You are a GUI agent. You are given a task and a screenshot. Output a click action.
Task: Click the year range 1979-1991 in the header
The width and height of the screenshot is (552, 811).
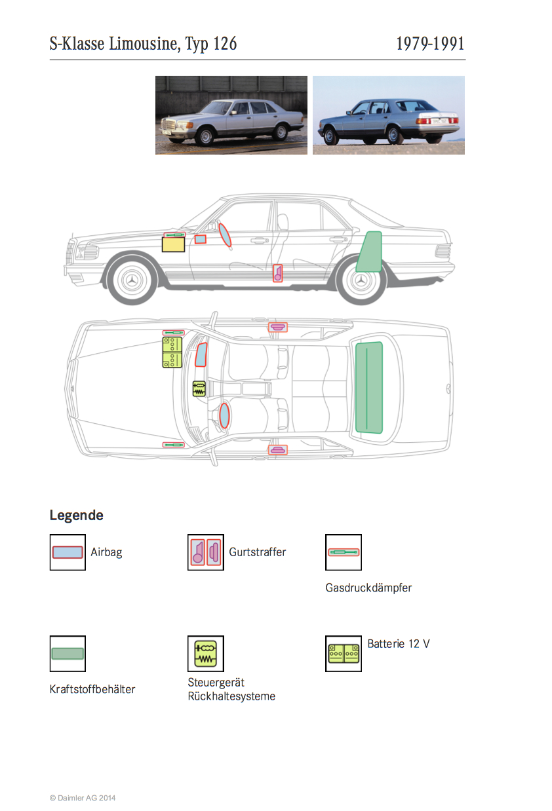coord(430,44)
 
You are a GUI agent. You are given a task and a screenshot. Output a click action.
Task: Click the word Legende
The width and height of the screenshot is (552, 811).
coord(77,515)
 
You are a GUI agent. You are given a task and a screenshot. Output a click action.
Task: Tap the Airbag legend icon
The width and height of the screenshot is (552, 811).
coord(68,552)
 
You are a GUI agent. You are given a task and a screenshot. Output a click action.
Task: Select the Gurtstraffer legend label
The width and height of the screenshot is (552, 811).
coord(258,552)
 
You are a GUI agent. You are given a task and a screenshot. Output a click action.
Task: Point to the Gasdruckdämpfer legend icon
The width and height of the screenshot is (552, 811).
coord(344,552)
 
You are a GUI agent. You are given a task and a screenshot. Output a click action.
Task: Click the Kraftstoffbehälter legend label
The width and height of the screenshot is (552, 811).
coord(92,689)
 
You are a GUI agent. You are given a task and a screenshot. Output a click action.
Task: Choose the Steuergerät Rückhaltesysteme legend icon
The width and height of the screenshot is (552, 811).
coord(205,654)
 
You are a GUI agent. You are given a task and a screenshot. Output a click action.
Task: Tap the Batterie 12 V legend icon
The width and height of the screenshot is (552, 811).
coord(344,654)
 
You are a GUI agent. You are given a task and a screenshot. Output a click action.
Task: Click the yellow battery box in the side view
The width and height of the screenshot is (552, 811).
coord(173,244)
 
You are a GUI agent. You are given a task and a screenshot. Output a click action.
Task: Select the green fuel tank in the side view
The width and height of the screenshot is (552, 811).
coord(370,252)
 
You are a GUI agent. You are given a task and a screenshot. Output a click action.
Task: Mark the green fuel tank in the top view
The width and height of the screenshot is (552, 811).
coord(369,387)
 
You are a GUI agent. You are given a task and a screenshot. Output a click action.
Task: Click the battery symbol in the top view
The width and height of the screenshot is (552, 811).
coord(172,352)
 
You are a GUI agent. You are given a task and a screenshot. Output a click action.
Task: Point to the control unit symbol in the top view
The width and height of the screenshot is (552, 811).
coord(199,389)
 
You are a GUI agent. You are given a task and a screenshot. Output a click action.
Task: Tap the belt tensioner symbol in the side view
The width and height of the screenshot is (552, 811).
coord(277,273)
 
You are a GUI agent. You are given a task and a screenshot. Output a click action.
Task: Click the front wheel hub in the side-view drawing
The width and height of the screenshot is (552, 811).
coord(132,280)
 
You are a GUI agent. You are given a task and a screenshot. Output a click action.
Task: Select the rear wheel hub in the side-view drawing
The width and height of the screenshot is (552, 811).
coord(361,280)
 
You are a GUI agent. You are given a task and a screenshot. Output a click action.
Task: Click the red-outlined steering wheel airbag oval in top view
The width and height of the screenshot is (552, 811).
coord(224,415)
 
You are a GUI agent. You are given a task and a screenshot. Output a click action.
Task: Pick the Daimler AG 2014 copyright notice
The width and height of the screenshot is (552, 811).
coord(83,798)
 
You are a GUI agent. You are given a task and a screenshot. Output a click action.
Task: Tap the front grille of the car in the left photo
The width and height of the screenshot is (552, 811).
coord(168,124)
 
